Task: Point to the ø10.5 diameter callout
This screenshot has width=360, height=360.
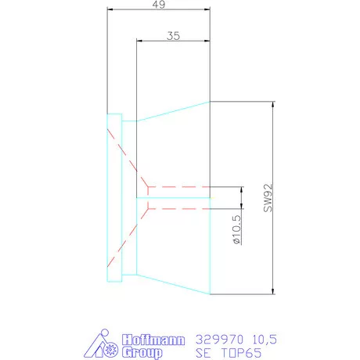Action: point(236,232)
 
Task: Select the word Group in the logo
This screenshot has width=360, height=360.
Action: point(143,352)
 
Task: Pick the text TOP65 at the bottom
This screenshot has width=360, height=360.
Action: point(243,352)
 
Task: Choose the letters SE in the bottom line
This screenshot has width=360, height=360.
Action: point(203,352)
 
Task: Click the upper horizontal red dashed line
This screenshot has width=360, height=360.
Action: point(178,188)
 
